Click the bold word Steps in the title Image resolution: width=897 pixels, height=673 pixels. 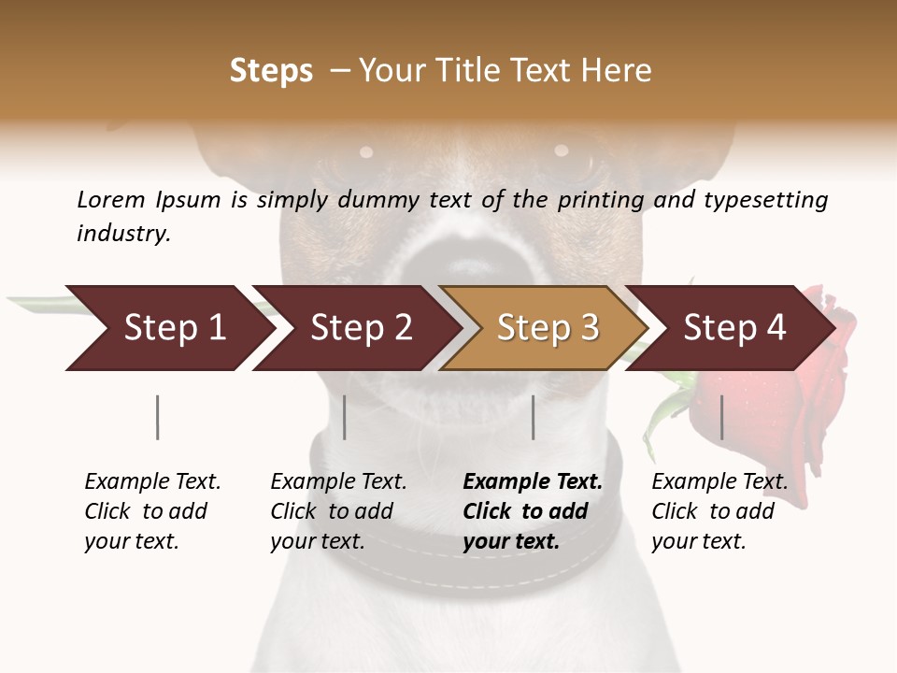271,71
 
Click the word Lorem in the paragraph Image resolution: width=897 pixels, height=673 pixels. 111,199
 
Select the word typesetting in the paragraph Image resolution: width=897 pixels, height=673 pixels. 765,200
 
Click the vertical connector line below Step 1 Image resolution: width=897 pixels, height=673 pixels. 158,417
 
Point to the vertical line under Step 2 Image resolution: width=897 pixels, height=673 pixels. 345,417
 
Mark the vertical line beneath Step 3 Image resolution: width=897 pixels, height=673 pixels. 534,417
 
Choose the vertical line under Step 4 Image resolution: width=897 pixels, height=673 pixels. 721,417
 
